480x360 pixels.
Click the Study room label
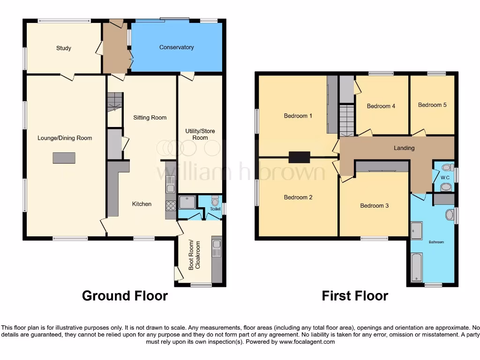click(x=64, y=48)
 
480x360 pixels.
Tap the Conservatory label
click(x=176, y=47)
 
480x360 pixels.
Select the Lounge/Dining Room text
click(x=65, y=138)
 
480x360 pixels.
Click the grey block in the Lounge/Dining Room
click(x=64, y=157)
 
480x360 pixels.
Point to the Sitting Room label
click(x=150, y=118)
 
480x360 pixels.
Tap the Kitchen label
click(x=142, y=204)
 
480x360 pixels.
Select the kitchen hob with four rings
click(x=171, y=204)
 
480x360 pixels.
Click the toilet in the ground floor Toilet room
click(x=216, y=202)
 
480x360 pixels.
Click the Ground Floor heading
click(x=125, y=296)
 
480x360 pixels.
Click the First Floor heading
click(x=355, y=296)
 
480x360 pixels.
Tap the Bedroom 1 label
click(x=298, y=116)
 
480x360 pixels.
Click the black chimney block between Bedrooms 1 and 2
click(x=299, y=157)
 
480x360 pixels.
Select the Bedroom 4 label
click(x=381, y=106)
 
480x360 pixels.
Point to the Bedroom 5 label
click(x=432, y=105)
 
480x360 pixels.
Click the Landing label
click(x=404, y=148)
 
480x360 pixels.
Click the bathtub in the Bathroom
click(x=417, y=267)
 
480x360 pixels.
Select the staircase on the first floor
click(x=346, y=120)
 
